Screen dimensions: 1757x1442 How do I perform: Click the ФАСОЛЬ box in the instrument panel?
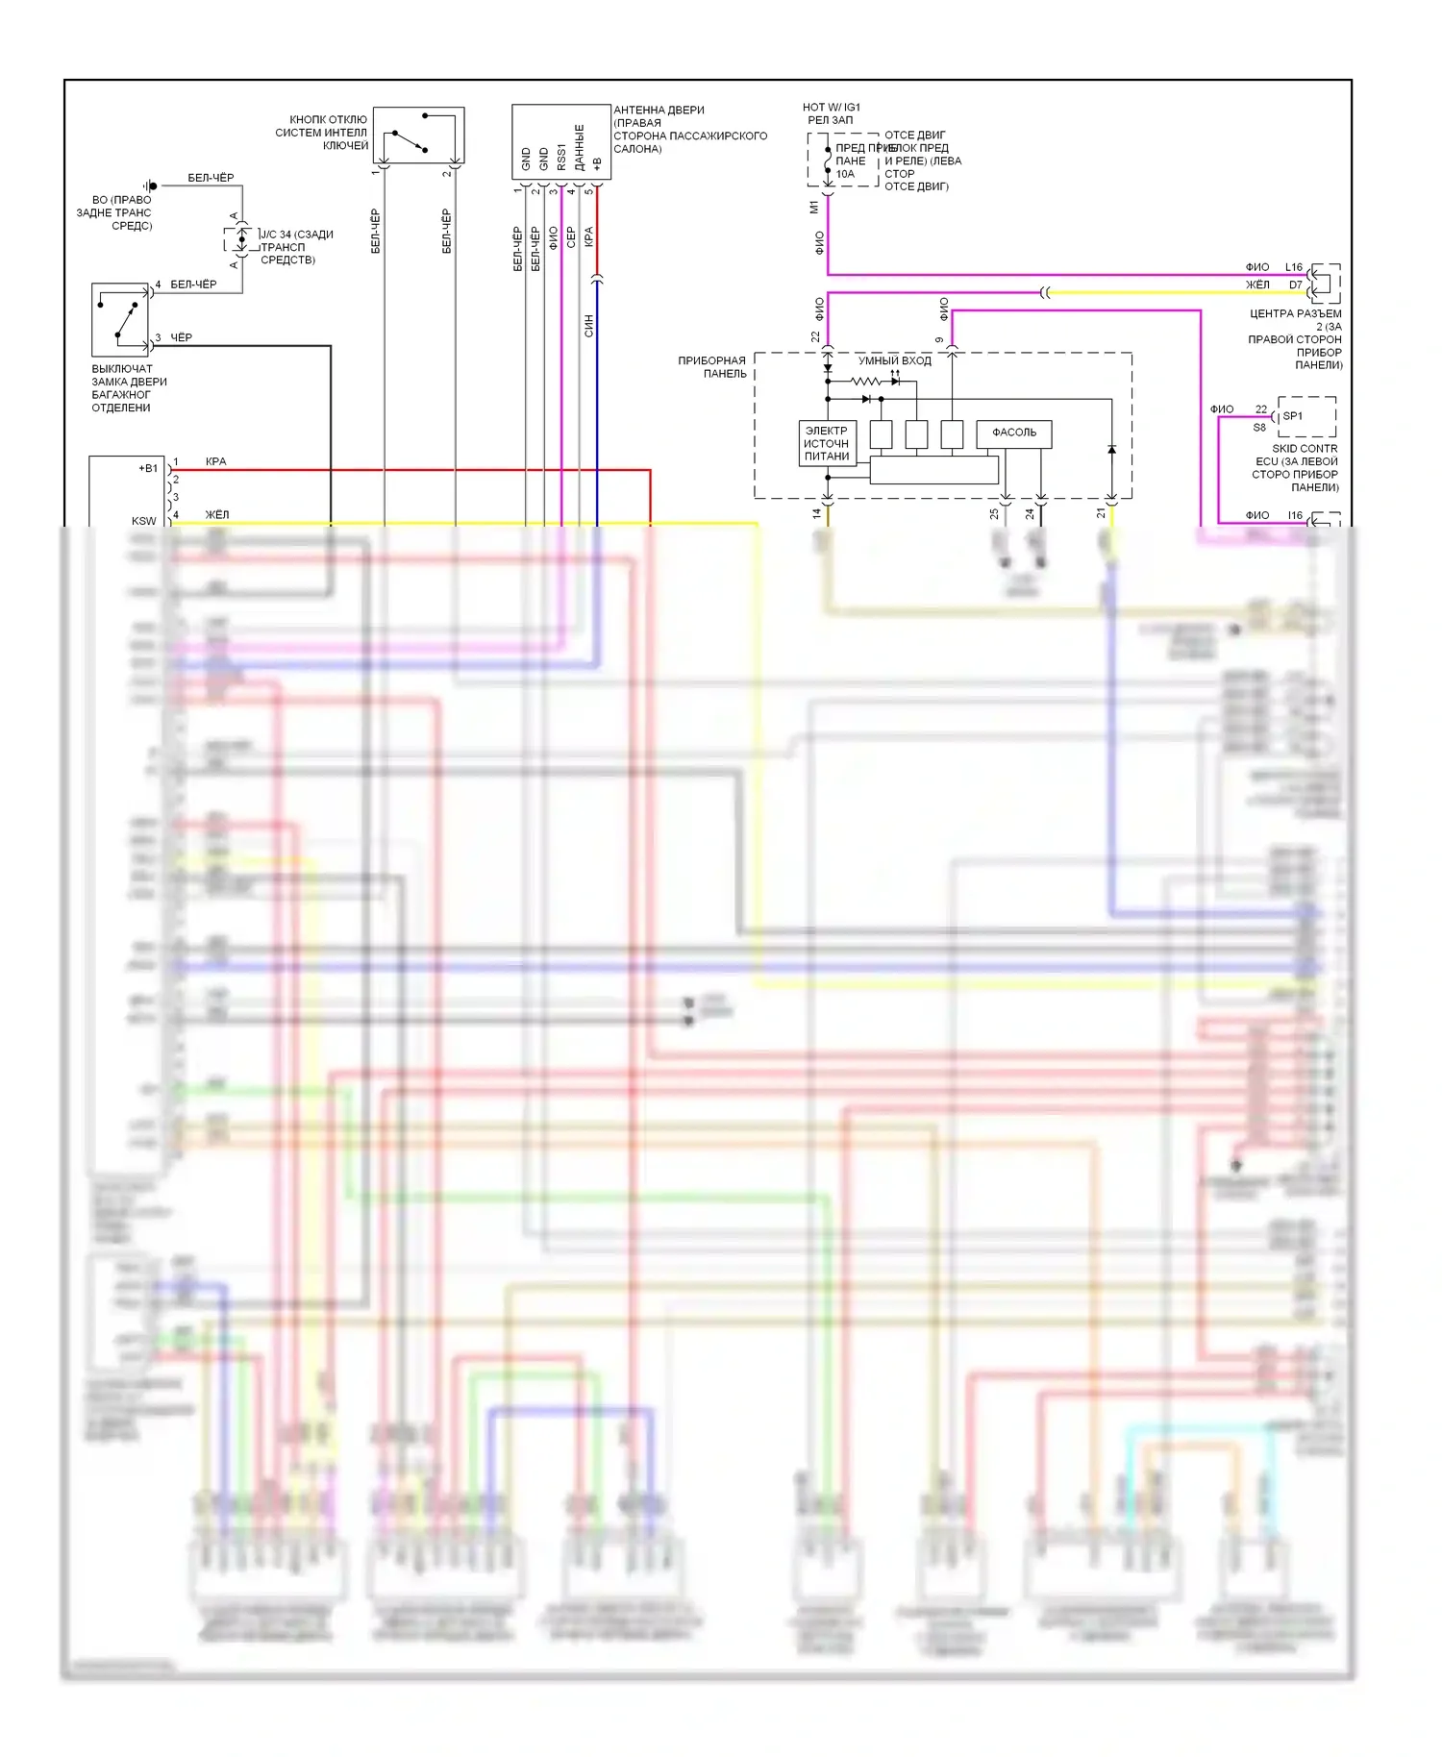[x=1013, y=433]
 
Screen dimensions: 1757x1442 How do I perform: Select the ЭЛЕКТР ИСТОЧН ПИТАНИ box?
[x=827, y=444]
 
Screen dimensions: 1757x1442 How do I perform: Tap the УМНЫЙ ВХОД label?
[x=894, y=360]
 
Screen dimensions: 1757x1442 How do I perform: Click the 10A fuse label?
[x=845, y=174]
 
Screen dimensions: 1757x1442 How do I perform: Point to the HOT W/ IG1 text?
[x=832, y=108]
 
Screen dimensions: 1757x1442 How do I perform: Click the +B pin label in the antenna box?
[x=596, y=163]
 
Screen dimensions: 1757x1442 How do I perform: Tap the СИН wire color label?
[x=589, y=326]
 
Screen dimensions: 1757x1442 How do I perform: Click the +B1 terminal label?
[x=148, y=469]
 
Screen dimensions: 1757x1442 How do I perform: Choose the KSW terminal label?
[x=143, y=521]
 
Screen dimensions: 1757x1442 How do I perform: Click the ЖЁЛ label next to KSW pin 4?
[x=217, y=515]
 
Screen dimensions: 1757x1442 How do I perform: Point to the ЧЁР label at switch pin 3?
[x=181, y=337]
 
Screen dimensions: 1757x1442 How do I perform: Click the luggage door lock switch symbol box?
[x=120, y=320]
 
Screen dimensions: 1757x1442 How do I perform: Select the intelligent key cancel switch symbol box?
[x=418, y=136]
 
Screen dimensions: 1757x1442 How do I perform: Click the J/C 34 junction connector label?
[x=296, y=235]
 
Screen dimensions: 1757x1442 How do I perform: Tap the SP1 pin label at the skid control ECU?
[x=1293, y=416]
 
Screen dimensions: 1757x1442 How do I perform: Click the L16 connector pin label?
[x=1294, y=267]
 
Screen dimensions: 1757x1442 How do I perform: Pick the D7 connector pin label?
[x=1296, y=285]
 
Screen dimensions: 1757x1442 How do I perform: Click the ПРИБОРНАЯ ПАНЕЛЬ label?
[x=712, y=367]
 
